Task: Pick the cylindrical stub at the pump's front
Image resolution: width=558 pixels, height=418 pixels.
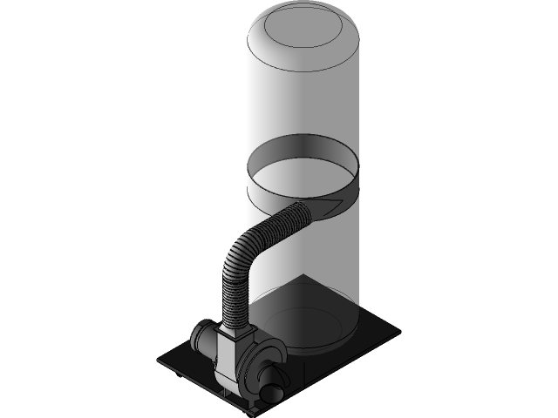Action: (x=273, y=381)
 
